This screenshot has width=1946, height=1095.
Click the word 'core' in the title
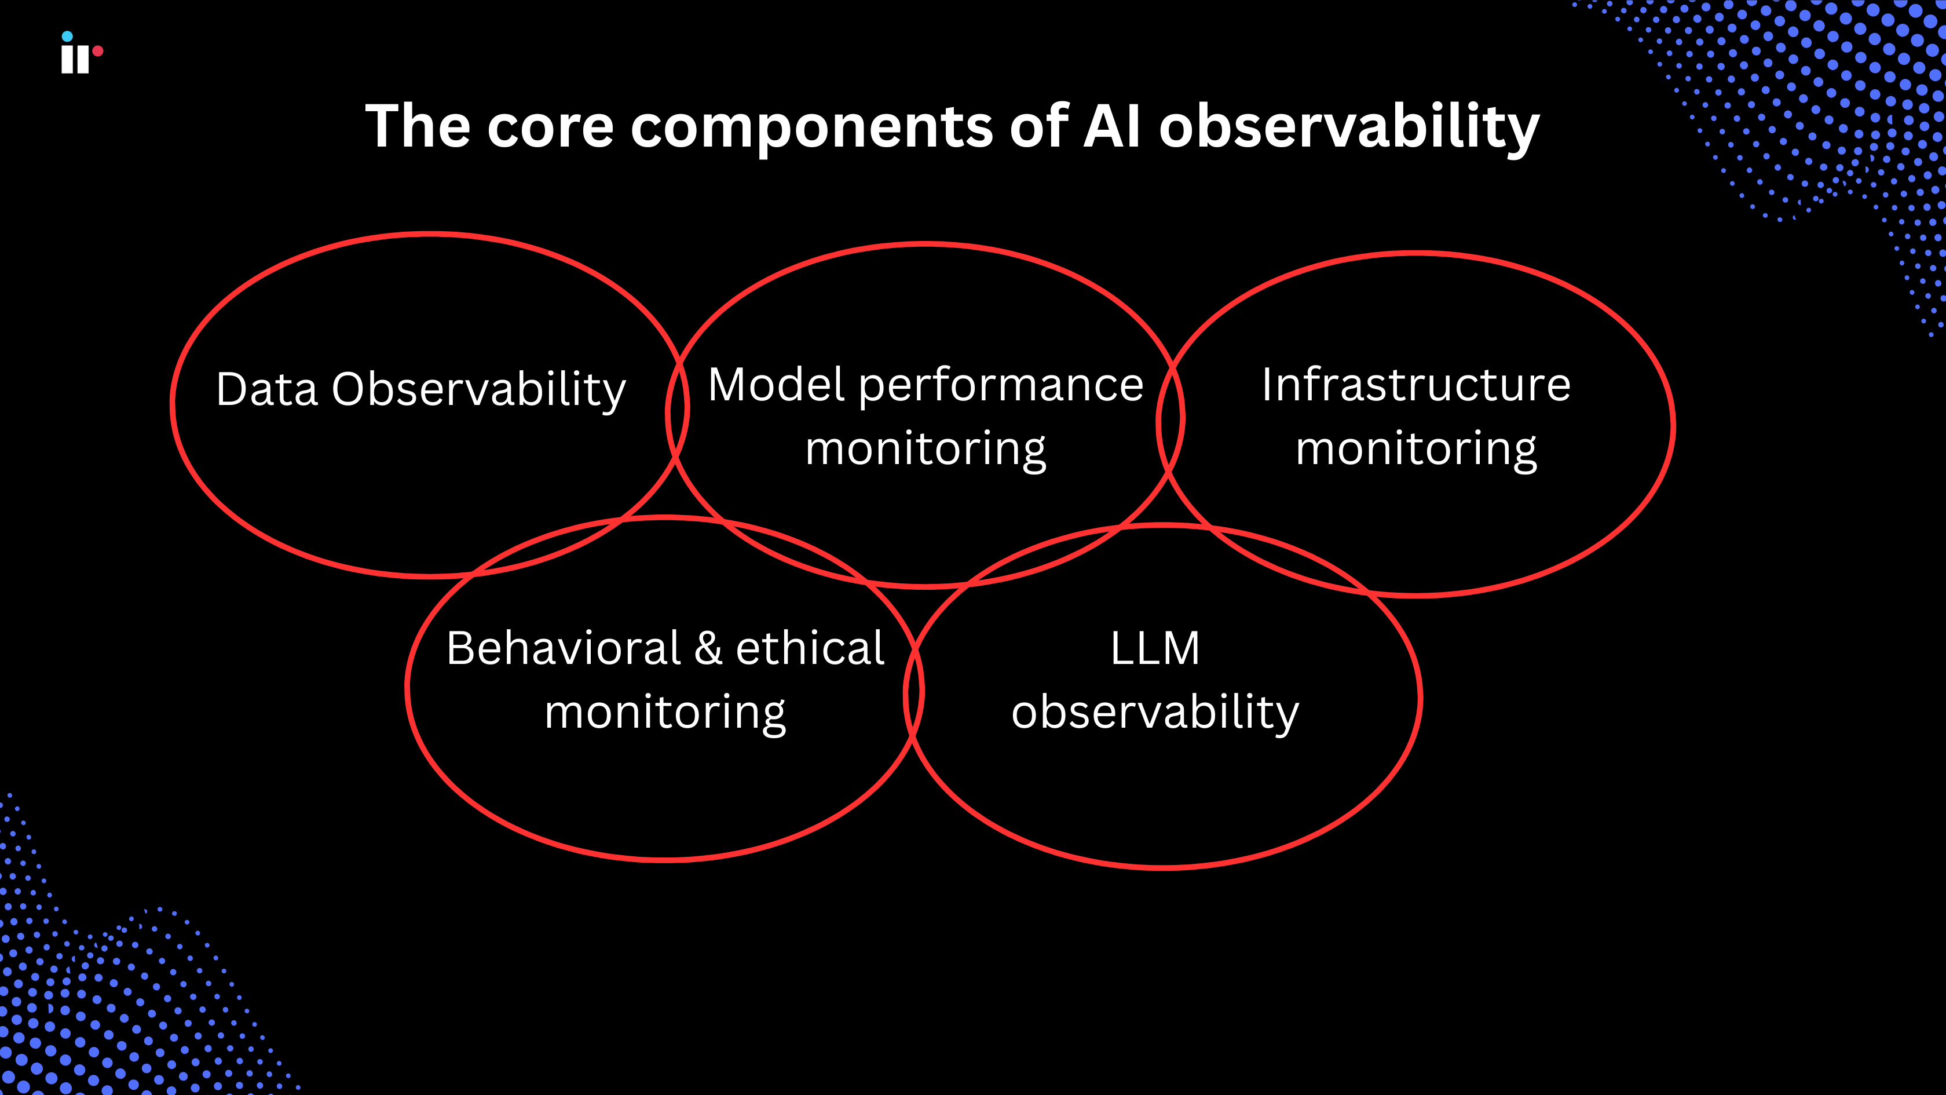(x=550, y=127)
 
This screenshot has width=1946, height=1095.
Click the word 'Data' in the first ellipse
(x=266, y=389)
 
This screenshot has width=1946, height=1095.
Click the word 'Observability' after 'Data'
(x=479, y=390)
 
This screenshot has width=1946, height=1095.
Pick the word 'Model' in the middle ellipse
(x=776, y=385)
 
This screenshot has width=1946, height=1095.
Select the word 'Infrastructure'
(x=1415, y=385)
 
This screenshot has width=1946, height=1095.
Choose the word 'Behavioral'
(x=564, y=648)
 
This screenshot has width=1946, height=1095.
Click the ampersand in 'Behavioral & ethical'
(x=708, y=648)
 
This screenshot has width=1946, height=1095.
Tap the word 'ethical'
(x=809, y=648)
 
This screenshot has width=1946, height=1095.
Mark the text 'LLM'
(x=1155, y=648)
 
